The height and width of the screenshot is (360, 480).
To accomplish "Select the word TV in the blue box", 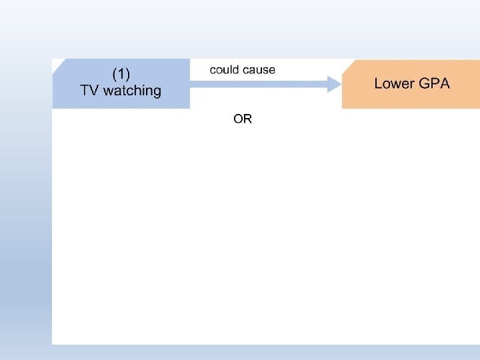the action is (x=89, y=91).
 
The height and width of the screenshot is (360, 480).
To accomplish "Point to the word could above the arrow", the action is (x=225, y=70).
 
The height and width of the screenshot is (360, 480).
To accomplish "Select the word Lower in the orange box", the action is (x=394, y=83).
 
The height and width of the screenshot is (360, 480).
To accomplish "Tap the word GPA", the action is (x=434, y=83).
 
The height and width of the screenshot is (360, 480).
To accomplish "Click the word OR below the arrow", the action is (x=243, y=119).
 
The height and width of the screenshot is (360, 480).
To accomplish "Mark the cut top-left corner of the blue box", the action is (x=58, y=64).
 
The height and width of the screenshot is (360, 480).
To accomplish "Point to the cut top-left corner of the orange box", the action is (x=347, y=64).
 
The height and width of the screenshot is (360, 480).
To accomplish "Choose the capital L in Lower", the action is (x=378, y=83).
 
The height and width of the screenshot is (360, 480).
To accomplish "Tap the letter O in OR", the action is (x=238, y=119).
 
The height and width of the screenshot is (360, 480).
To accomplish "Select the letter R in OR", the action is (x=247, y=119).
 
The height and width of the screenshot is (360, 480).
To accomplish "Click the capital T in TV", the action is (x=85, y=91).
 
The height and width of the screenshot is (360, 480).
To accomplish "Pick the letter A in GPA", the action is (x=444, y=83).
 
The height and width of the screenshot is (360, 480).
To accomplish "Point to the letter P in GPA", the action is (x=434, y=83).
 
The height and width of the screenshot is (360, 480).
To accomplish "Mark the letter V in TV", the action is (x=94, y=91).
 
